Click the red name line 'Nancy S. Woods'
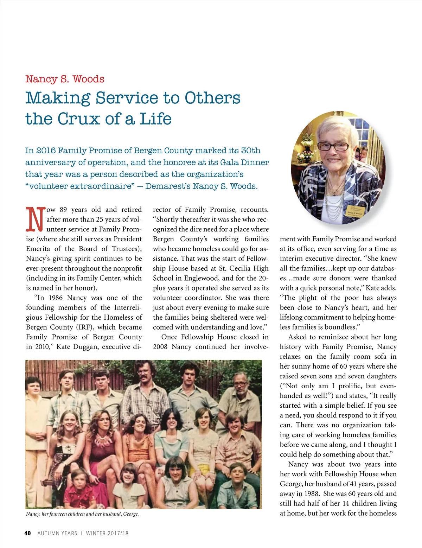click(x=65, y=79)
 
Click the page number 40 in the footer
click(x=27, y=533)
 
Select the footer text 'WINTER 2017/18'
click(x=107, y=533)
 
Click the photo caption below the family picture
click(x=82, y=514)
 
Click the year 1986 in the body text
click(x=56, y=298)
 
